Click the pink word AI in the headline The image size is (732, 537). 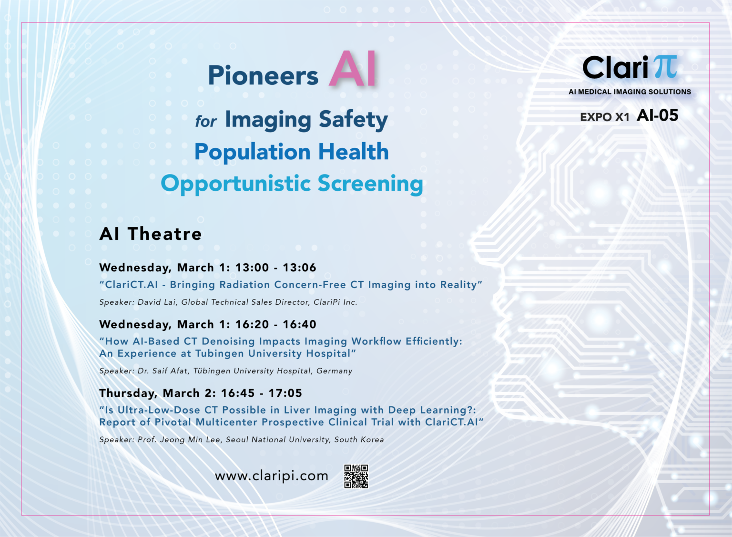point(353,70)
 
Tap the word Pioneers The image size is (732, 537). point(263,76)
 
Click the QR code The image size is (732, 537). point(356,476)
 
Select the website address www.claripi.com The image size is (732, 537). point(272,476)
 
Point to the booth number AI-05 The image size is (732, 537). point(658,115)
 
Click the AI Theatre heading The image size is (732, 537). point(151,234)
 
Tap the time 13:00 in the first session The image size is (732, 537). point(252,268)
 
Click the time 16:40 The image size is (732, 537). point(299,324)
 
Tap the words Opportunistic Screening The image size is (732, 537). point(292,184)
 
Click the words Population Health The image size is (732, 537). point(292,152)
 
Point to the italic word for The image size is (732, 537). point(206,122)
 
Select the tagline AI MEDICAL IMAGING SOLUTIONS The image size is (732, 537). point(630,92)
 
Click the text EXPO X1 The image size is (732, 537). point(605,117)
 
